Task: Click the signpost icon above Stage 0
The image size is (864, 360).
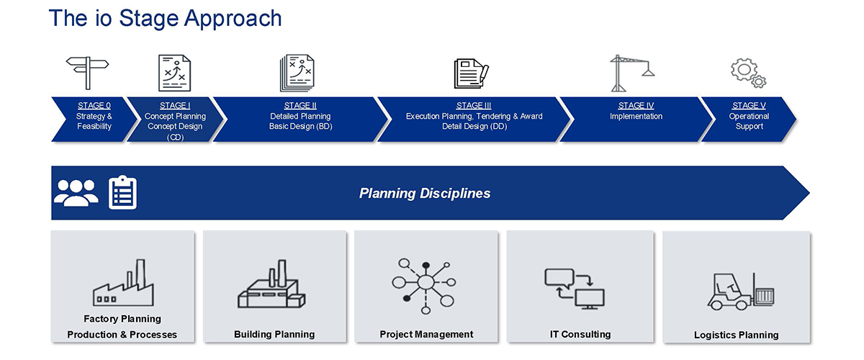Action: point(88,73)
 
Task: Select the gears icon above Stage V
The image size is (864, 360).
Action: point(748,73)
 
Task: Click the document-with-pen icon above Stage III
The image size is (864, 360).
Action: point(472,73)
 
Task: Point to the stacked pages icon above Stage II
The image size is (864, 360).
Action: point(297,73)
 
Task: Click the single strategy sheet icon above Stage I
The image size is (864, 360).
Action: point(174,73)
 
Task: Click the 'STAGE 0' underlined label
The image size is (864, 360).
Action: point(94,106)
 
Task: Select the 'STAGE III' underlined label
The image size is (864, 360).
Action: point(474,106)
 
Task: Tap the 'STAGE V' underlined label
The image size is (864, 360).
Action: point(749,106)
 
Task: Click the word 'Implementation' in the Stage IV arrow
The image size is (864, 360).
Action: point(636,116)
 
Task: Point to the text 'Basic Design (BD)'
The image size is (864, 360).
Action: point(300,127)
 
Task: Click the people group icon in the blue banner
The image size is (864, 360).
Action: point(76,193)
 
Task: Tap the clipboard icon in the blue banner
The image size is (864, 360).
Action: point(122,192)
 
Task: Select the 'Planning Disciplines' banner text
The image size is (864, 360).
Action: point(425,193)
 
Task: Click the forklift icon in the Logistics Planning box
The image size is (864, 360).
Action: point(741,292)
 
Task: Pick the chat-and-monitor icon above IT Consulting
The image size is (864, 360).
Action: point(575,289)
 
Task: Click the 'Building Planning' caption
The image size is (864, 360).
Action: point(274,334)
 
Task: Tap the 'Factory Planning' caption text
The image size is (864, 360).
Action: point(122,319)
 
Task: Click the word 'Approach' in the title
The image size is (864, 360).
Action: point(233,19)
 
